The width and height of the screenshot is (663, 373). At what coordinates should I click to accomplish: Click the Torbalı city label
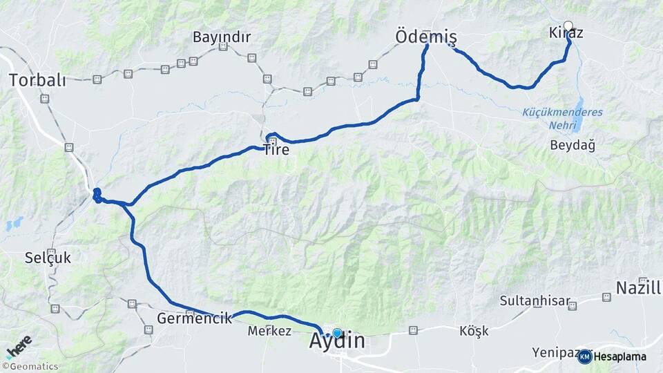pos(37,80)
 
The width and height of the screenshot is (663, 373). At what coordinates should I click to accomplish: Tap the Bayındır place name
pos(222,37)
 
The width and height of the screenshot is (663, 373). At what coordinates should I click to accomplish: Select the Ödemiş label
pos(426,36)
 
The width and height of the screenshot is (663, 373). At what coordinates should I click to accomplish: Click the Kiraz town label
pos(565,33)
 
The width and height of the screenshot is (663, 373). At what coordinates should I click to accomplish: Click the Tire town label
pos(276,149)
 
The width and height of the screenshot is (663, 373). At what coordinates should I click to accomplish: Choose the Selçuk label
pos(48,258)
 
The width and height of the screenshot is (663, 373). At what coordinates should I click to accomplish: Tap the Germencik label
pos(194,319)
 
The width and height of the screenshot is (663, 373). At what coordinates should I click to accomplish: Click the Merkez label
pos(269,331)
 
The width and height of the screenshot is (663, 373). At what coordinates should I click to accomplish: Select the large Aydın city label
pos(338,342)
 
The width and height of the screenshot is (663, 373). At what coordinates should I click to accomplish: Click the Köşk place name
pos(474,331)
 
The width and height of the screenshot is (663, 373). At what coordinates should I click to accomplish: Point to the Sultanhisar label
pos(535,301)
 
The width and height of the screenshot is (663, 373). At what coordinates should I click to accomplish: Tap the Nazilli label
pos(641,287)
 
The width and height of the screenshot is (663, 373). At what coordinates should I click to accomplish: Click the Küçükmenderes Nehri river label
pos(562,119)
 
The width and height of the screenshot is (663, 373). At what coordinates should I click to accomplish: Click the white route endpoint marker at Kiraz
pos(568,26)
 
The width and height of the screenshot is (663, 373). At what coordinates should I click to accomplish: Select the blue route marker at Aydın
pos(337,333)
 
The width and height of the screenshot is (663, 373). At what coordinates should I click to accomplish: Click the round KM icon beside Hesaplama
pos(584,356)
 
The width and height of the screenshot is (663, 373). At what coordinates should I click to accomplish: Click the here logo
pos(20,345)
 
